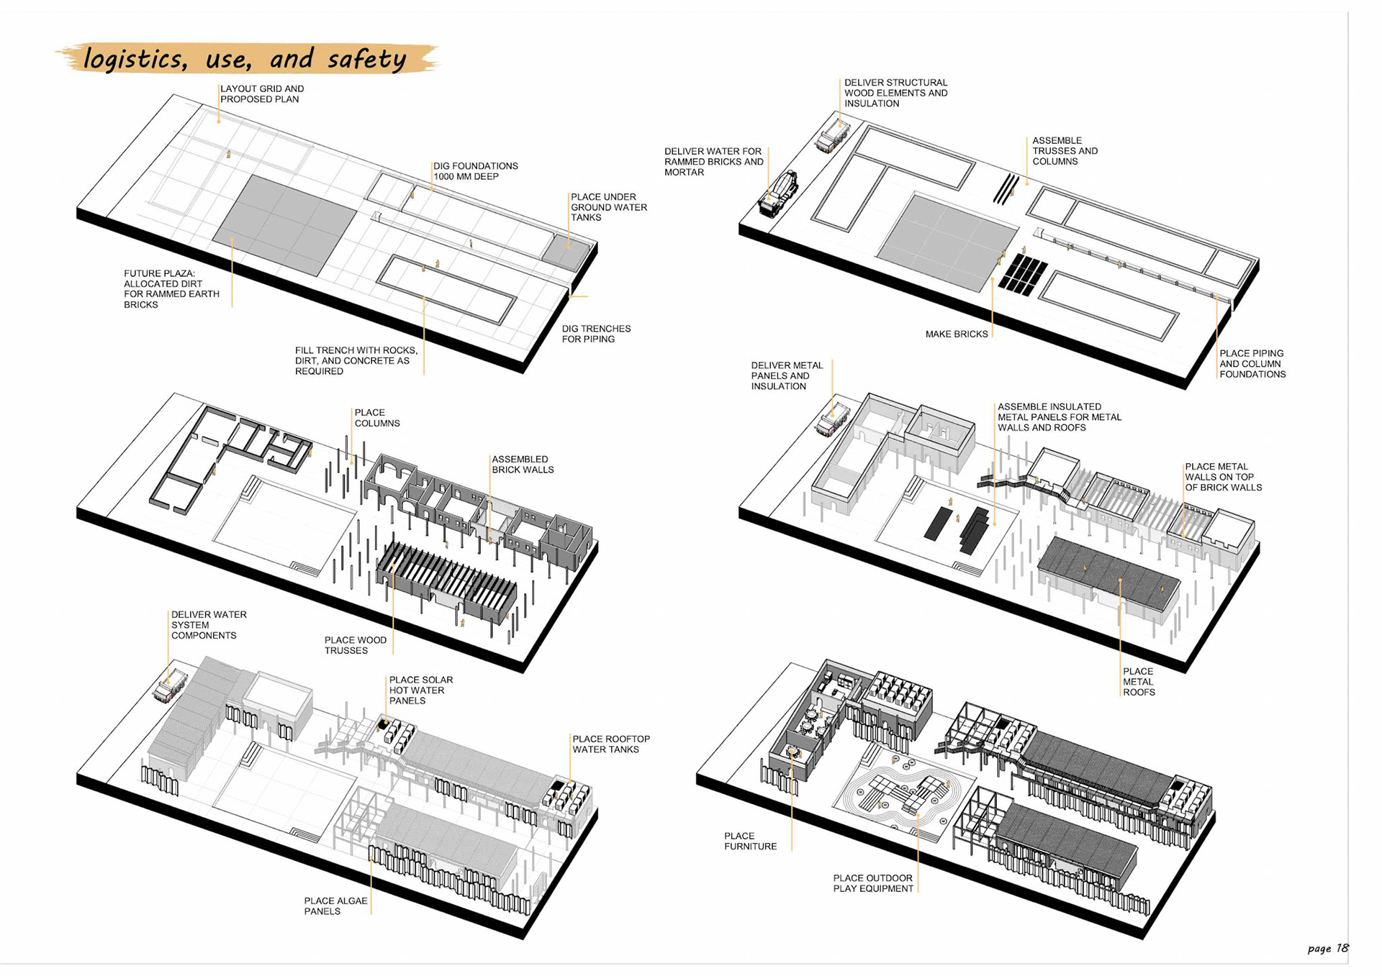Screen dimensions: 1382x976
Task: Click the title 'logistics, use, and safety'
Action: [x=245, y=59]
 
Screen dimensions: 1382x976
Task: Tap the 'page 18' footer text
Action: [x=1327, y=948]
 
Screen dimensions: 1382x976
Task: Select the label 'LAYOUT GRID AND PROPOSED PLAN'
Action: [x=262, y=94]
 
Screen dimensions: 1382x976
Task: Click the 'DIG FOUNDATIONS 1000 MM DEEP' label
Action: [x=475, y=171]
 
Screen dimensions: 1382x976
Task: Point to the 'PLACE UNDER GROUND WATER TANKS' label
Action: [x=608, y=207]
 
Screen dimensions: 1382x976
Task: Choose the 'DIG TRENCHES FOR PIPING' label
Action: [x=596, y=334]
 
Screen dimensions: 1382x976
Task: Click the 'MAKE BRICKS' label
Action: [x=956, y=334]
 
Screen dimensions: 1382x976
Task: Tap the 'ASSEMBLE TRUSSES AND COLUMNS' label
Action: [x=1065, y=151]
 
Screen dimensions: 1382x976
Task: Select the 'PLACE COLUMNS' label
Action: [x=376, y=418]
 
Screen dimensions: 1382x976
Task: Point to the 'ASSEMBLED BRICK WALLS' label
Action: [x=523, y=465]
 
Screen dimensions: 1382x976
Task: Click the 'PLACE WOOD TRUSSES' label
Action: [x=355, y=645]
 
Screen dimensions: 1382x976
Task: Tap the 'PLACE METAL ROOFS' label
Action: [x=1139, y=682]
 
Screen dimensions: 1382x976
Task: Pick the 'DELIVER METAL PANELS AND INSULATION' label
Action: [x=787, y=376]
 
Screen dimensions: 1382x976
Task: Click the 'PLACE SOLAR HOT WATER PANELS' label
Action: [x=421, y=690]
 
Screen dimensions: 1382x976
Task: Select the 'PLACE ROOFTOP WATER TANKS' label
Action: [x=610, y=744]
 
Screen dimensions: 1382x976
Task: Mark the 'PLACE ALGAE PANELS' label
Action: [x=335, y=906]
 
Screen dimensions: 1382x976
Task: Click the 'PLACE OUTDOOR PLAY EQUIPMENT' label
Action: [x=873, y=883]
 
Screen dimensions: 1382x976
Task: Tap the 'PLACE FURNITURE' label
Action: [x=750, y=842]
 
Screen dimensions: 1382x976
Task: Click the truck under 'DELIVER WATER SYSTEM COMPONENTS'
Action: [x=171, y=685]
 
